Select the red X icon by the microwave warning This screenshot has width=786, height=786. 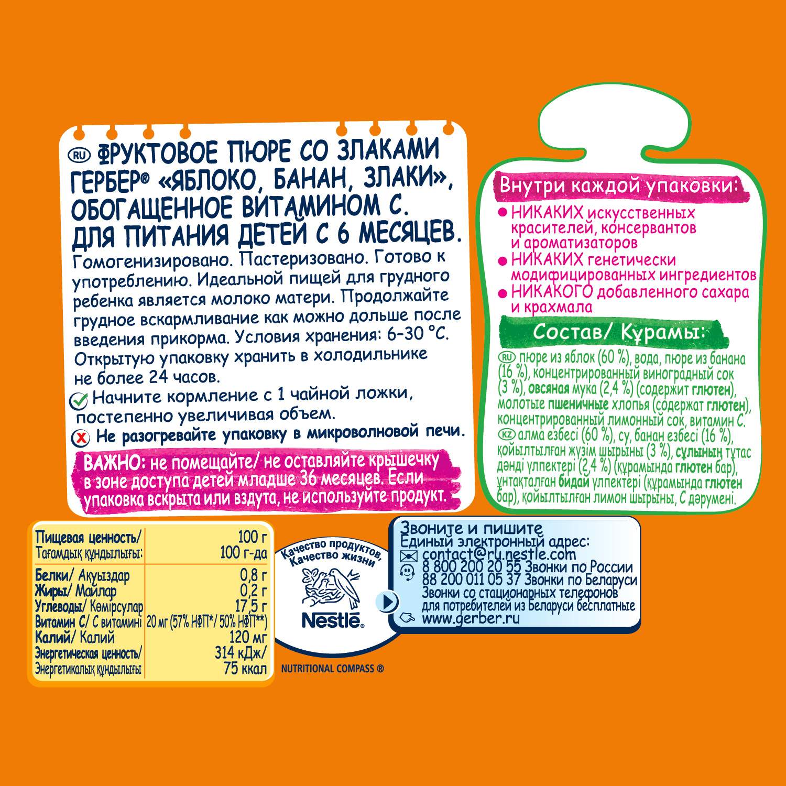(80, 437)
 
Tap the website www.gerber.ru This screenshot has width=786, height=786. (471, 618)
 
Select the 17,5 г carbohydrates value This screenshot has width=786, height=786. (251, 606)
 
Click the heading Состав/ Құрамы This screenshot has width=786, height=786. (618, 332)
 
